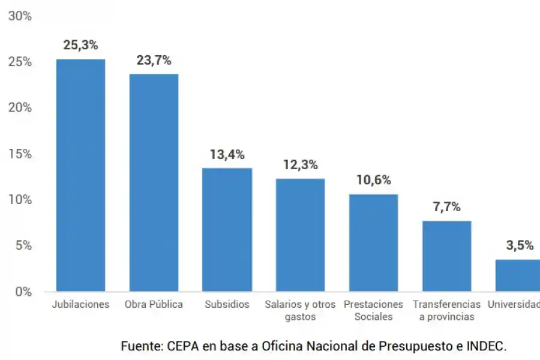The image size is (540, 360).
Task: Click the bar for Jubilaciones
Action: coord(80,175)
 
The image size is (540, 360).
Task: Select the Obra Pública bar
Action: coord(154,182)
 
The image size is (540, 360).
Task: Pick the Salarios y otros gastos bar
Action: coord(300,235)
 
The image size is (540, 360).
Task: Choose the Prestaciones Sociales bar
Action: coord(373,242)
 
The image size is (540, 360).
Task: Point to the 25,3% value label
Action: coord(80,45)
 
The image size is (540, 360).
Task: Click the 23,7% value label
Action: coord(154,60)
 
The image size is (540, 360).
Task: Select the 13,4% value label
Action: coord(227,154)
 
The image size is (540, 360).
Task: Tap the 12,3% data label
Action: coord(300,165)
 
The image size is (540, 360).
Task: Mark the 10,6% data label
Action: coord(373,180)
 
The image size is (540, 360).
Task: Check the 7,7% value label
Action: coord(446,207)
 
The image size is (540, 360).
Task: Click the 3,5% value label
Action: coord(519,245)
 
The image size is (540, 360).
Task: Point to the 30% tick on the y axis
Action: coord(20,16)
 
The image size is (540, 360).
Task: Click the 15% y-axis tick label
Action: coord(20,154)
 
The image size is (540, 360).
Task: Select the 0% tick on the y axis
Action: coord(23,292)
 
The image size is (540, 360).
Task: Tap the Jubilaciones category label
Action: coord(80,304)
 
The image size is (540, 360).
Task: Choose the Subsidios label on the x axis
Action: coord(227,304)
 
